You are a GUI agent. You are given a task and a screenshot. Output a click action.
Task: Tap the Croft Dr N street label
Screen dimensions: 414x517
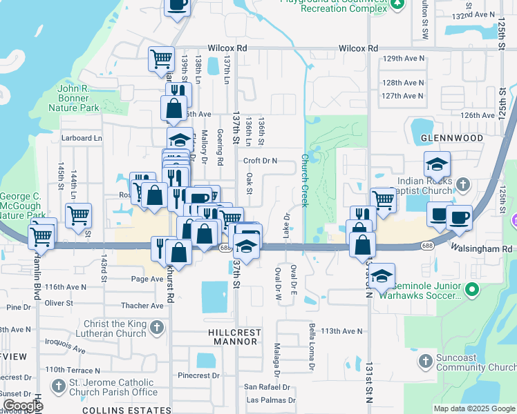(x=260, y=161)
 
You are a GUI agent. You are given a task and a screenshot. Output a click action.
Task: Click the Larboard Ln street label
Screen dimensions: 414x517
(x=81, y=138)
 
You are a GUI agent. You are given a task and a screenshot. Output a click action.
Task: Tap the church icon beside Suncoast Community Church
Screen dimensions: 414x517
(x=426, y=359)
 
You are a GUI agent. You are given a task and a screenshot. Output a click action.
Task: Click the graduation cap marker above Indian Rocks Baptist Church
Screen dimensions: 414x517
(x=437, y=164)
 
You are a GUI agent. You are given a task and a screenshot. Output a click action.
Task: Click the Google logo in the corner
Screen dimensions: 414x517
(x=23, y=406)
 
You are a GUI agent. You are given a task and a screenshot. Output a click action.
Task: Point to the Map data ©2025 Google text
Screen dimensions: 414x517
(x=473, y=408)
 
